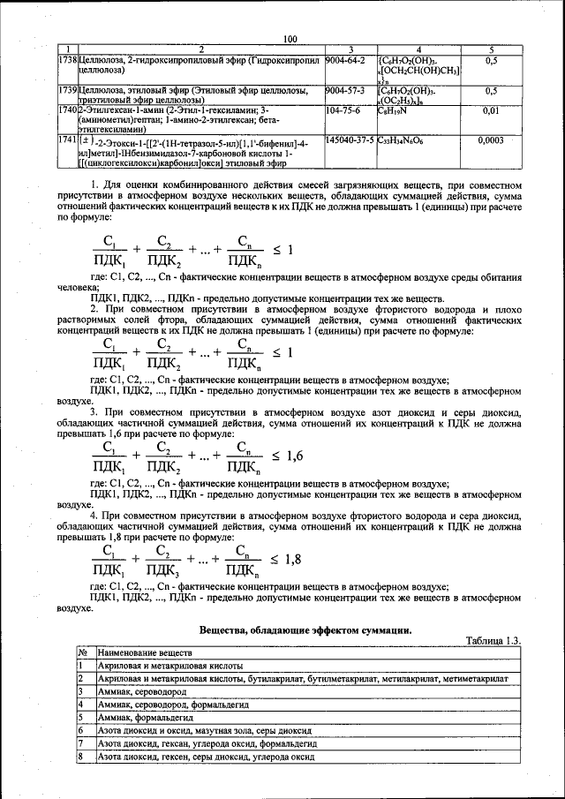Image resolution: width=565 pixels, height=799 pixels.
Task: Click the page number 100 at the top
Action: pos(291,38)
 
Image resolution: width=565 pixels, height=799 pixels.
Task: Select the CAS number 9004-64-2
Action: pos(344,60)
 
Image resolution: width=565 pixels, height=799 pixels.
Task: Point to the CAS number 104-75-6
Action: pos(341,112)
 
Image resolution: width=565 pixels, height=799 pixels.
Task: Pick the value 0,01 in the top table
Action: pos(491,112)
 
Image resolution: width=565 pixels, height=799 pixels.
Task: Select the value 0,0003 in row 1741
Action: pos(491,139)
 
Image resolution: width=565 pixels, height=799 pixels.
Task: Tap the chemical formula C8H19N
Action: pos(393,112)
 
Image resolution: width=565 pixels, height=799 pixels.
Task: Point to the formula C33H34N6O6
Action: pos(403,139)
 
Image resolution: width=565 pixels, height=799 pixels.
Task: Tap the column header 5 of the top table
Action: pos(491,49)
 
